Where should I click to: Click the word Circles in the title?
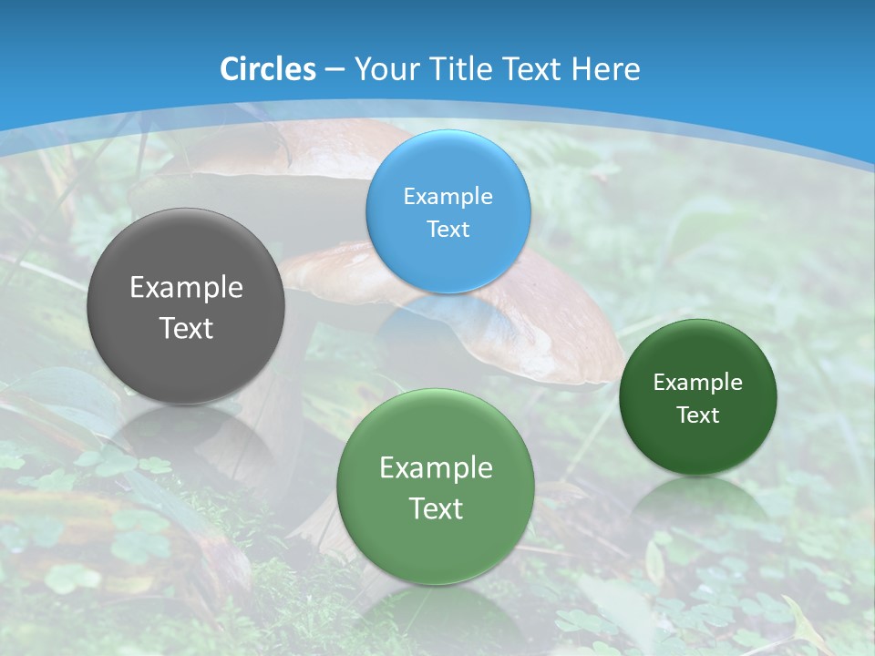point(268,69)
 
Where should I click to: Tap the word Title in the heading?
point(460,69)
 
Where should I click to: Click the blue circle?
point(448,211)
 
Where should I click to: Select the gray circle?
point(186,307)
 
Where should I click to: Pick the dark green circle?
point(698,397)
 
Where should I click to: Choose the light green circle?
point(436,487)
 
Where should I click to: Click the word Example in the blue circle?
point(448,196)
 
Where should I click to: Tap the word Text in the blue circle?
point(448,229)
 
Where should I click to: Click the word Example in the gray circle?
point(186,288)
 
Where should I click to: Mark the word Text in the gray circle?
point(186,328)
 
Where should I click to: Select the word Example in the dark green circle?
point(698,383)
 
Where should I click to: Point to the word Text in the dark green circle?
point(698,415)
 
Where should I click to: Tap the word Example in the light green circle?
point(436,468)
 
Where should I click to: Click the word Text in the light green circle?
point(436,508)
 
